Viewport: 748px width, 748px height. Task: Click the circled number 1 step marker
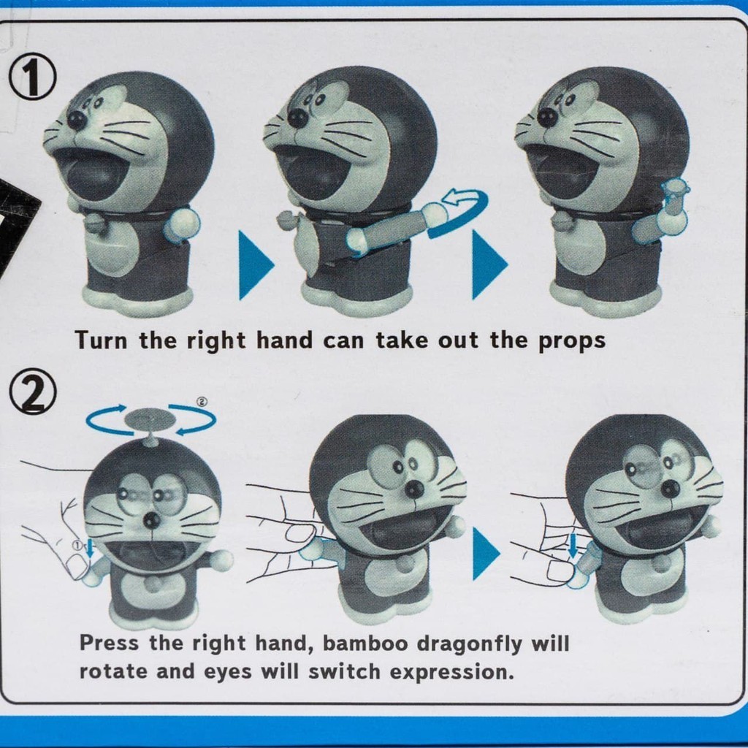(32, 77)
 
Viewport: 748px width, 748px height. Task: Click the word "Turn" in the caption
(101, 340)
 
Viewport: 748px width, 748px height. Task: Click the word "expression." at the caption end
(452, 673)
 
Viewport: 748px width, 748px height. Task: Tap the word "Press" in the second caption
(110, 643)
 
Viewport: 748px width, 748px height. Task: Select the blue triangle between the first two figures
(256, 265)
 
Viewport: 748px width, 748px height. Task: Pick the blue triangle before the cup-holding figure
(489, 265)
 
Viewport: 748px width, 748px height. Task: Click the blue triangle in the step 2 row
(486, 554)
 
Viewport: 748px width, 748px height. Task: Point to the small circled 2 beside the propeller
(202, 402)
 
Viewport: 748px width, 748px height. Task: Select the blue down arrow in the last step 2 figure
(573, 546)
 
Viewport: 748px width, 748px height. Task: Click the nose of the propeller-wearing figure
(152, 520)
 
